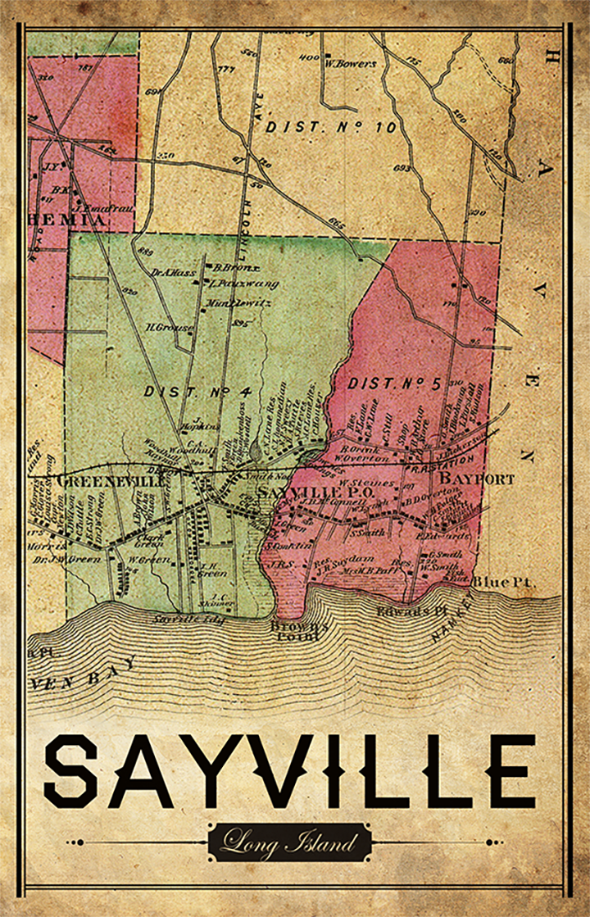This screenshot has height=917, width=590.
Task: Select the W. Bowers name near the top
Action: (350, 63)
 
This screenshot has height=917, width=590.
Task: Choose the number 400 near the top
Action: (308, 57)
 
